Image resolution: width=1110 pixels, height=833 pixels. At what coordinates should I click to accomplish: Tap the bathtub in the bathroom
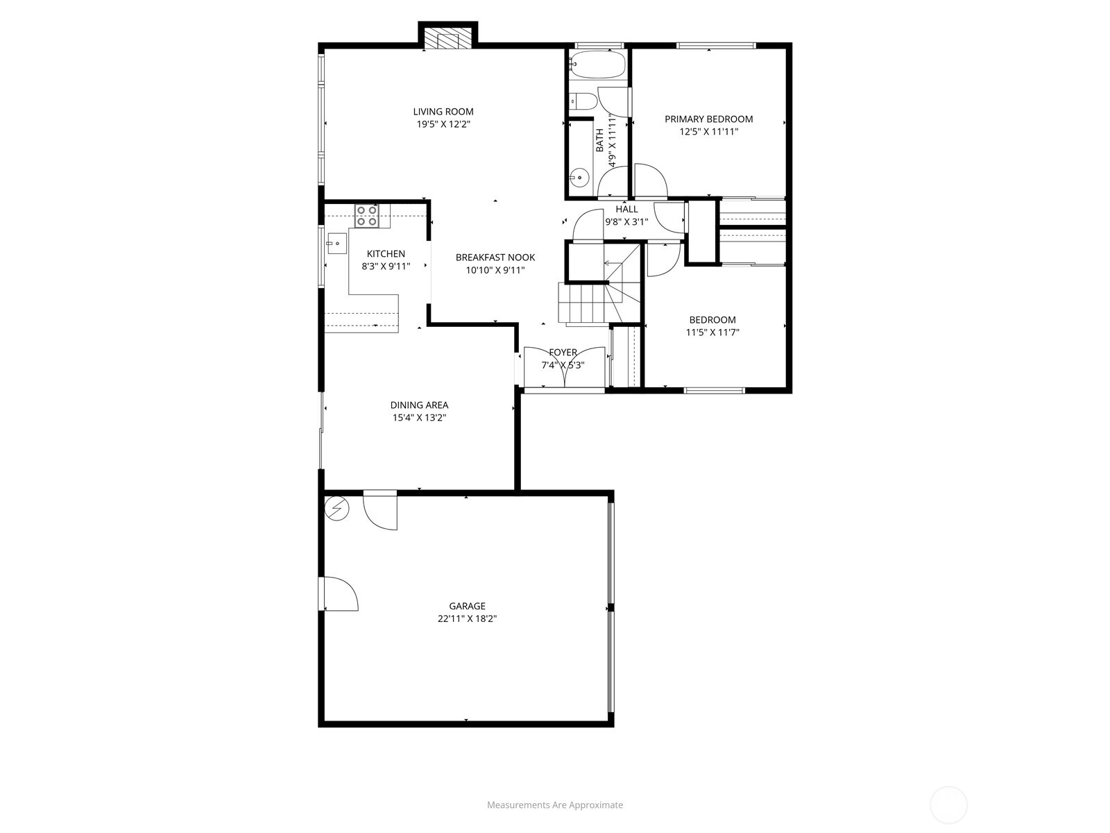(597, 65)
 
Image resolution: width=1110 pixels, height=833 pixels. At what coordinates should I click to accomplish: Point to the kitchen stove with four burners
(367, 215)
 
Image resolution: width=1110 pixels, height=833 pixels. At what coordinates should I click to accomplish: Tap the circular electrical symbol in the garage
(336, 508)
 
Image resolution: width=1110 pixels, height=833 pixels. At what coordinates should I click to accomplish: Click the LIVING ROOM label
(443, 112)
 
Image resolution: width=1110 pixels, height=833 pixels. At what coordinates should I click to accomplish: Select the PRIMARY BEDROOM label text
(708, 119)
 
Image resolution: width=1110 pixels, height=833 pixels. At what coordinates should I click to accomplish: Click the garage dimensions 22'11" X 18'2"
(468, 619)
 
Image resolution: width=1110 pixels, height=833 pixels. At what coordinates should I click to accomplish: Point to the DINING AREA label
(419, 405)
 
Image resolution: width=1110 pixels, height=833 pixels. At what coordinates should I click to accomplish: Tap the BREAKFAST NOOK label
(495, 258)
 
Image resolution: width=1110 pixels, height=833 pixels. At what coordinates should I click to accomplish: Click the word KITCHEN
(386, 254)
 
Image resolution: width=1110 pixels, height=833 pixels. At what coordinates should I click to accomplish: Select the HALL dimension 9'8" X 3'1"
(626, 221)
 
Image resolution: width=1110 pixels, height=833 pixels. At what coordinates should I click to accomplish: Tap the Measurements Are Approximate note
(555, 805)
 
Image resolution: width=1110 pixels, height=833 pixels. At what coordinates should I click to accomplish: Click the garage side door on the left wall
(338, 594)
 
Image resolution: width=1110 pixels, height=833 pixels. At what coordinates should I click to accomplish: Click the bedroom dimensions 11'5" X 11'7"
(712, 333)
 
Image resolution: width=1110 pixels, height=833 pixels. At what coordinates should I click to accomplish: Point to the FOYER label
(563, 353)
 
